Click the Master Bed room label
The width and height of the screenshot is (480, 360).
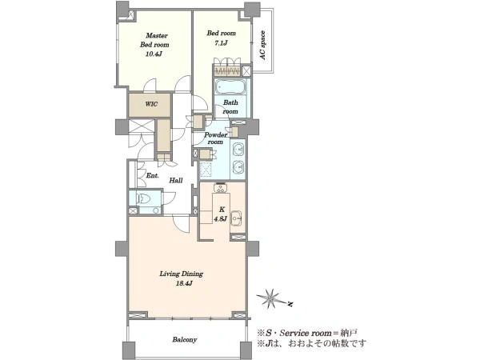(x=154, y=40)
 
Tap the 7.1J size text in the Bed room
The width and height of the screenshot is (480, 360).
(x=221, y=42)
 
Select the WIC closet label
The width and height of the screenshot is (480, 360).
(x=151, y=104)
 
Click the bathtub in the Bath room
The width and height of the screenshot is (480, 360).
(x=231, y=86)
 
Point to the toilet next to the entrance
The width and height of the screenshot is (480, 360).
(x=143, y=198)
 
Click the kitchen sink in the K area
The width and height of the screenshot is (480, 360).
(x=236, y=218)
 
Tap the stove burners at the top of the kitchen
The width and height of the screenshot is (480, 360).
(x=220, y=187)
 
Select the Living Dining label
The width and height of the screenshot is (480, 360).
(x=182, y=274)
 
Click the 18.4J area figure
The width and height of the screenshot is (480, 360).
(x=184, y=283)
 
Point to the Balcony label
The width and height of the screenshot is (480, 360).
(x=185, y=339)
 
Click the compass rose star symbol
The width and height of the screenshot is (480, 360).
(x=270, y=298)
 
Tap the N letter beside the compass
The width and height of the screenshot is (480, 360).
(x=290, y=304)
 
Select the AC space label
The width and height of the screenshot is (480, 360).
(x=262, y=46)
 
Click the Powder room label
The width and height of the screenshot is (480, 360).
(x=215, y=138)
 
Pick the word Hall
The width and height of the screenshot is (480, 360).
(x=176, y=180)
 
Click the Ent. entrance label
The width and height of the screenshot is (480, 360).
(x=152, y=176)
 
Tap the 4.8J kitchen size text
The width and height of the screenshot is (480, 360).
(x=220, y=219)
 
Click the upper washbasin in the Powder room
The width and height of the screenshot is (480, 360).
(x=238, y=150)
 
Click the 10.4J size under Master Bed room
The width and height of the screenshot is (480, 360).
(x=154, y=54)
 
